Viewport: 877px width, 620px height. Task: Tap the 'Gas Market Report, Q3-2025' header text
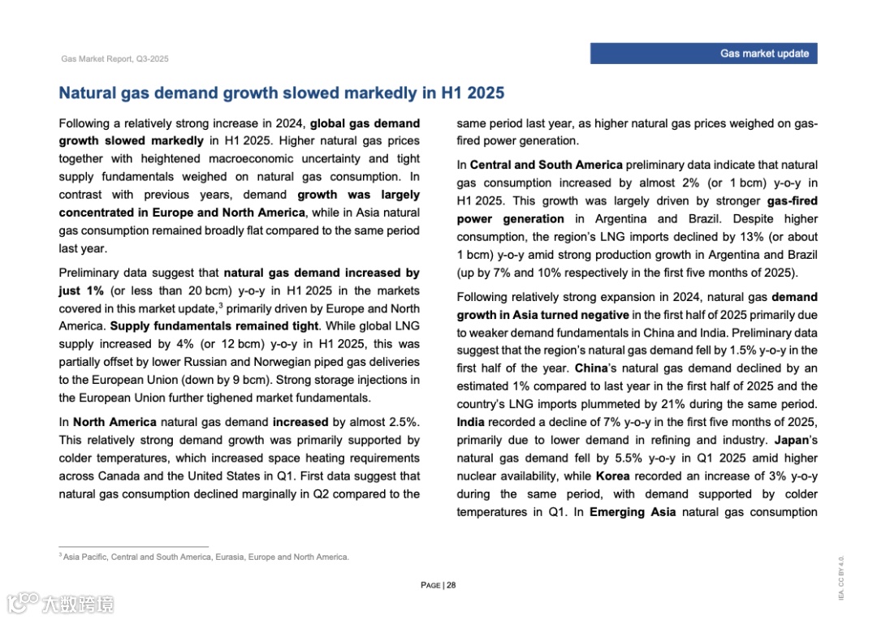tap(114, 59)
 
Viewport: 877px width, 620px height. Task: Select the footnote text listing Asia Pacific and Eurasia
tap(205, 557)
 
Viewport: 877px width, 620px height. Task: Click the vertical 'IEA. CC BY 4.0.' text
tap(841, 578)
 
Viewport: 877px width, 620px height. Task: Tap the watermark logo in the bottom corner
tap(60, 603)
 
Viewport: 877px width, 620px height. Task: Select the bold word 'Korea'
tap(613, 476)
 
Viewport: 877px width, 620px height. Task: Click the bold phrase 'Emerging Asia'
tap(633, 511)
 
